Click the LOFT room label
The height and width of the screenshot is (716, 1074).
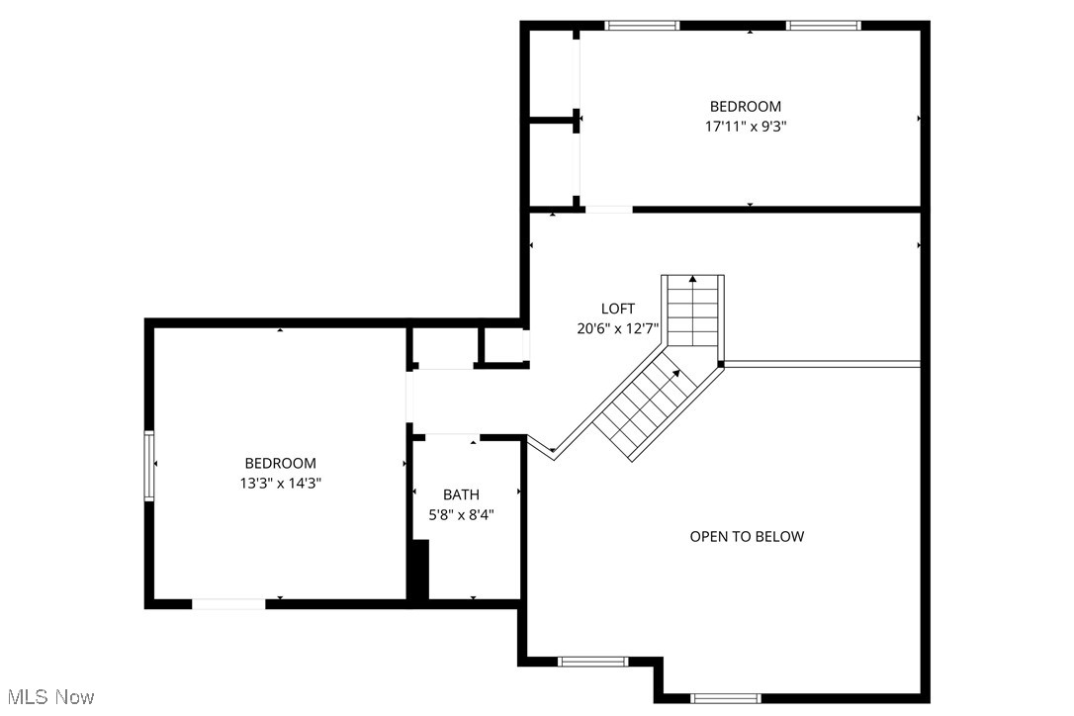pyautogui.click(x=618, y=309)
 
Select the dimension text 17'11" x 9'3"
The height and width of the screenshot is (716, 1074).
pyautogui.click(x=746, y=127)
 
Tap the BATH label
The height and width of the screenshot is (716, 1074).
pyautogui.click(x=461, y=494)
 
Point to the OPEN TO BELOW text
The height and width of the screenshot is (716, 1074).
pyautogui.click(x=747, y=537)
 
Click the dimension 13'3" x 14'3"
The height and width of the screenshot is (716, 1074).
pyautogui.click(x=280, y=484)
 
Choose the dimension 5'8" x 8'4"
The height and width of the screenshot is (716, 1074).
pyautogui.click(x=461, y=514)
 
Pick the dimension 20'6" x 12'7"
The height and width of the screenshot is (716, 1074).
pyautogui.click(x=618, y=328)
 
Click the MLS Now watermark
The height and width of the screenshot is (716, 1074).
pyautogui.click(x=47, y=697)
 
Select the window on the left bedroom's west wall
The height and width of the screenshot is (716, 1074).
pyautogui.click(x=149, y=465)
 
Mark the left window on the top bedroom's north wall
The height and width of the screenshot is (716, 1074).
pyautogui.click(x=642, y=26)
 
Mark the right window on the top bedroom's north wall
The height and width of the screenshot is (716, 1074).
pyautogui.click(x=823, y=26)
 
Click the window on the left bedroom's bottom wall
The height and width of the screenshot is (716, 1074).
pyautogui.click(x=227, y=602)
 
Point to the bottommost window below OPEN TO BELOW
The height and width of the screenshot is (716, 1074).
pyautogui.click(x=725, y=697)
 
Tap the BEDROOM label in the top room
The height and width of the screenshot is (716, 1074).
pyautogui.click(x=746, y=107)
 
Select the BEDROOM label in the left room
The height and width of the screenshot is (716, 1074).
pyautogui.click(x=280, y=463)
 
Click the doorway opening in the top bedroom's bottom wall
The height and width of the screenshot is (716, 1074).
pyautogui.click(x=608, y=210)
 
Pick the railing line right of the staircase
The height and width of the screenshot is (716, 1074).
pyautogui.click(x=823, y=364)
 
